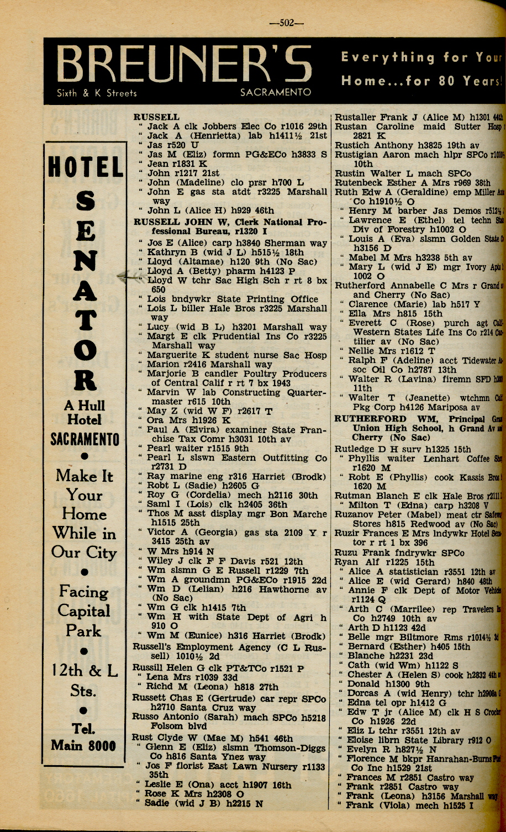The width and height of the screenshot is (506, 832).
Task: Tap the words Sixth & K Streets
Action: coord(97,93)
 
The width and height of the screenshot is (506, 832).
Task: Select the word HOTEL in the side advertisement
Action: coord(86,167)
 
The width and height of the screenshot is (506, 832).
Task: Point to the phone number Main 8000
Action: coord(83,745)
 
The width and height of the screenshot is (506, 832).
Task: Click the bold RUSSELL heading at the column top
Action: coord(157,117)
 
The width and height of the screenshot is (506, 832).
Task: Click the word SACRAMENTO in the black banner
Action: coord(276,92)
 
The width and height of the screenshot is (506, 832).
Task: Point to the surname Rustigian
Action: coord(358,155)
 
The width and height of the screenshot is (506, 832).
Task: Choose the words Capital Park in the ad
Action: coord(85,621)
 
